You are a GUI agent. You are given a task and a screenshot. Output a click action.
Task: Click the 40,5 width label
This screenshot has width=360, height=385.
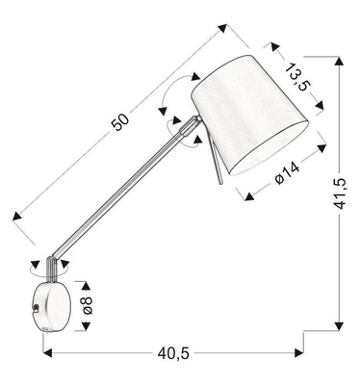coord(172,353)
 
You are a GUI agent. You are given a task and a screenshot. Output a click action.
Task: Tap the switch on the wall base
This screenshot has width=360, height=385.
coord(35,308)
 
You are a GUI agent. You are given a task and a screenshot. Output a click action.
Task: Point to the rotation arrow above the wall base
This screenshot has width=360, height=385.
coord(43,261)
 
